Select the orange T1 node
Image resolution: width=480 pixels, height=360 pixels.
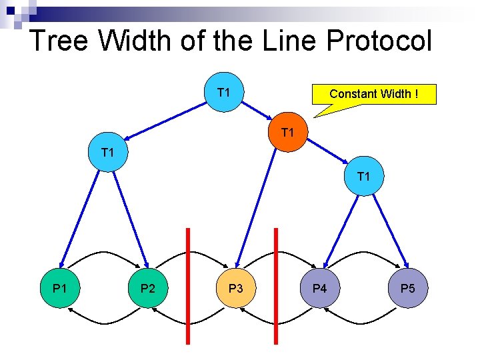(x=287, y=133)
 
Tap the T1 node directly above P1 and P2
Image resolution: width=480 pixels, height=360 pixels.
(x=107, y=153)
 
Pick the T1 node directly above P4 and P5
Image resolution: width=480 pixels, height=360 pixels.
(x=363, y=177)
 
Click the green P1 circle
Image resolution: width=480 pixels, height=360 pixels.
(x=60, y=288)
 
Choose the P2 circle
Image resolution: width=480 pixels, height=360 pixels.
(x=148, y=288)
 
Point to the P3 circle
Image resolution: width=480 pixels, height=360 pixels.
(x=236, y=288)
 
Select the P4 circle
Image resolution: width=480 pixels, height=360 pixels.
(x=320, y=288)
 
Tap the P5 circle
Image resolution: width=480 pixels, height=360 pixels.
(x=407, y=288)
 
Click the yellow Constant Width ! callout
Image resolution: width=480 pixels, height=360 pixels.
(x=373, y=94)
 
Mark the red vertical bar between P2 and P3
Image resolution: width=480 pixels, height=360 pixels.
(x=188, y=287)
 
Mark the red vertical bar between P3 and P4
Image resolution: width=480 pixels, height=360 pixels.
(x=276, y=287)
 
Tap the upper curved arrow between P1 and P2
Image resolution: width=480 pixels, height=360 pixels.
(x=104, y=253)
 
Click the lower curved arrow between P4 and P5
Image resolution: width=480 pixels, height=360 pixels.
(x=363, y=322)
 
